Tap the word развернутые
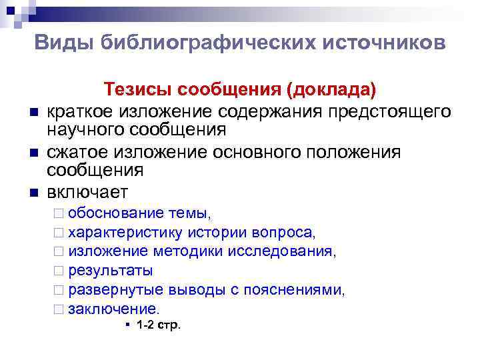tap(113, 290)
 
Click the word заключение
tap(114, 309)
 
